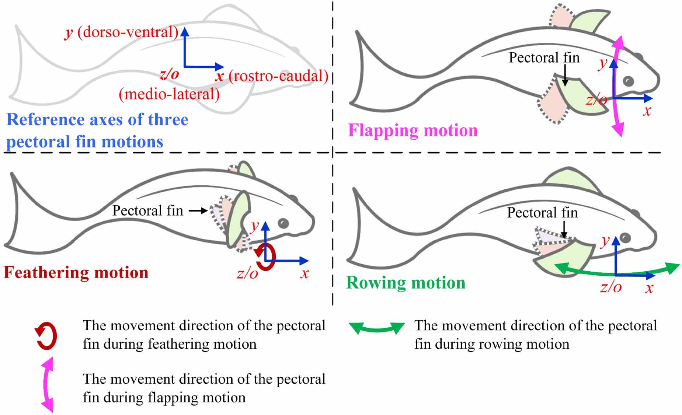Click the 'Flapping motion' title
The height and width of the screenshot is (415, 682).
point(413,130)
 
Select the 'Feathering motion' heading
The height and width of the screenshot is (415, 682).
point(76,273)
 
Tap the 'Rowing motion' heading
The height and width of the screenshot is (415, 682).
point(406,283)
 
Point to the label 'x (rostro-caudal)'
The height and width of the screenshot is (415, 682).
point(272,76)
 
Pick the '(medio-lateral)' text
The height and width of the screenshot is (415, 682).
point(169,94)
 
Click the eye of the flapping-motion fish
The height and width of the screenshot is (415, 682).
point(628,81)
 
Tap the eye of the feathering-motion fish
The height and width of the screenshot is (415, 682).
point(283,223)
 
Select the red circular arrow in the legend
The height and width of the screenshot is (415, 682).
point(46,336)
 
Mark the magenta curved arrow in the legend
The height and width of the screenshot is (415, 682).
point(47,384)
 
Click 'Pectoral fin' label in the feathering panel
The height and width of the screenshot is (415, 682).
point(147,211)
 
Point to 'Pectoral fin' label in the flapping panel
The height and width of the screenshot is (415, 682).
point(544,58)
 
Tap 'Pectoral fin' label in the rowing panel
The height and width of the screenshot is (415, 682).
point(542,213)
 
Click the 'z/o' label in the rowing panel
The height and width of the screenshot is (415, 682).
point(611,287)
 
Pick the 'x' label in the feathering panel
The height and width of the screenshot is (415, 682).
point(305,273)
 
